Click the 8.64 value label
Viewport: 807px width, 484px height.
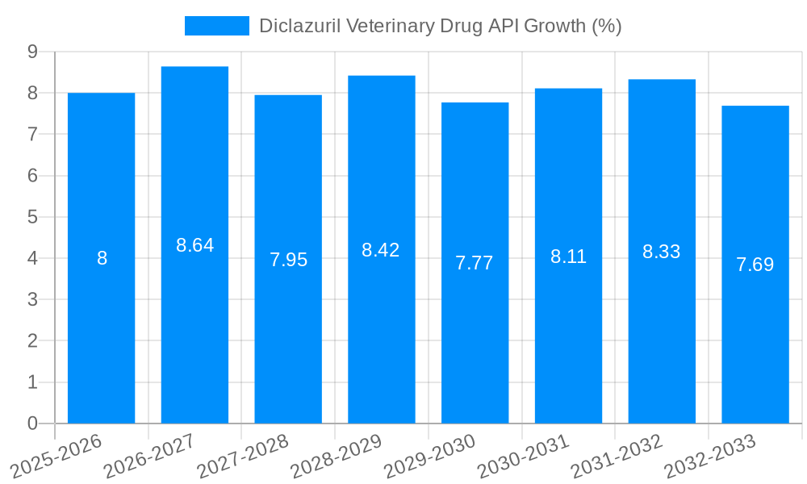tap(194, 245)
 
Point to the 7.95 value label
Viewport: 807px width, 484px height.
tap(288, 260)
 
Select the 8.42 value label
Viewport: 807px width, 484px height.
tap(381, 250)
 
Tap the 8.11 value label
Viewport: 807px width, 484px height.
tap(568, 257)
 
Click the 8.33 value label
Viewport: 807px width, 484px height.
tap(662, 252)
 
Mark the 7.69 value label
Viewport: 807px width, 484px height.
tap(755, 265)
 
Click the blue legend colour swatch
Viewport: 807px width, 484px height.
tap(216, 26)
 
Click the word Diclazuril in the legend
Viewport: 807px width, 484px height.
tap(299, 26)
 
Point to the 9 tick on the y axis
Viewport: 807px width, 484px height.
tap(32, 52)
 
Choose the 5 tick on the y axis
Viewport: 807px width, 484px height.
tap(32, 217)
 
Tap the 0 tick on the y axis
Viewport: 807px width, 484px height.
tap(32, 423)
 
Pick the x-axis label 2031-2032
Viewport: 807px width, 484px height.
tap(617, 456)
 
